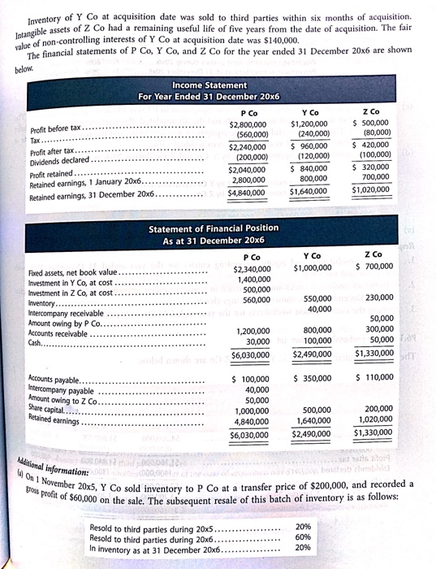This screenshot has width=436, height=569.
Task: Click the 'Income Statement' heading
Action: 209,84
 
